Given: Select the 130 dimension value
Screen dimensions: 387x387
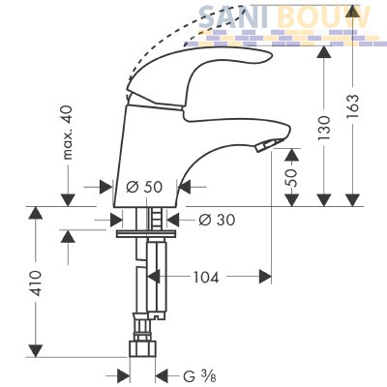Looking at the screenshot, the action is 324,128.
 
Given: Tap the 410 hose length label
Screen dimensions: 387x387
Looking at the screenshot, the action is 36,283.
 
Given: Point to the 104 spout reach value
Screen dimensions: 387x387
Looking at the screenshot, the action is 206,277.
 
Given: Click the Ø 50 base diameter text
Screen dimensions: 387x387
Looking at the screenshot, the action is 144,187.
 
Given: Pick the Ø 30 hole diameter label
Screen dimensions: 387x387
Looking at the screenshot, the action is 217,220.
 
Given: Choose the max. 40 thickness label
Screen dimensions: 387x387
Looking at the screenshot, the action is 68,133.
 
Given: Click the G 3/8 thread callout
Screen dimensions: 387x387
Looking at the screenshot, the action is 199,375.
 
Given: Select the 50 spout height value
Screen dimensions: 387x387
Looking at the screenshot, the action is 292,178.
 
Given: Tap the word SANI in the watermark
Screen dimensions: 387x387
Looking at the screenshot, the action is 233,16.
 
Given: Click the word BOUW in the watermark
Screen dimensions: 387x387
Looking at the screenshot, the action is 323,16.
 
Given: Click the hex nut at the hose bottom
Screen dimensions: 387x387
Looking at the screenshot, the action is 142,348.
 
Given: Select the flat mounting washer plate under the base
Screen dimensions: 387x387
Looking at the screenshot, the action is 146,233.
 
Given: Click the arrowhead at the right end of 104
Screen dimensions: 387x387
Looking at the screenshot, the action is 265,277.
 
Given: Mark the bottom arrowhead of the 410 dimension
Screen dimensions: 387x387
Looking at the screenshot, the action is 36,350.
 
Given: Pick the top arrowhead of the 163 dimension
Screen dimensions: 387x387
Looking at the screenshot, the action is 353,12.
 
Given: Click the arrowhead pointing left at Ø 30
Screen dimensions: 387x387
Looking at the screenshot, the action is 173,221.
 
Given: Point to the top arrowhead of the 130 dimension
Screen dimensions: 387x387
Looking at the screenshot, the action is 324,52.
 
